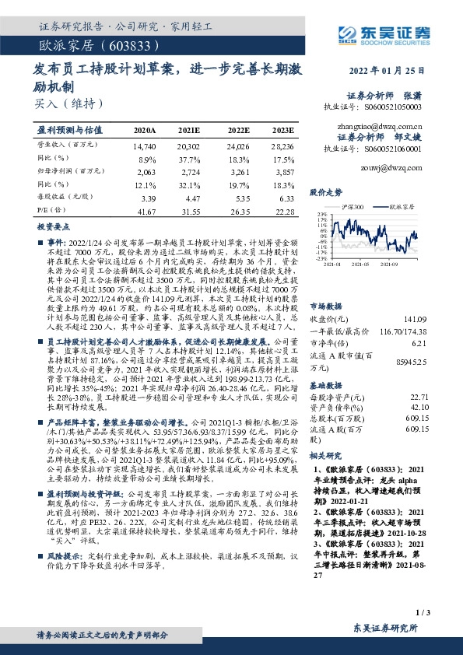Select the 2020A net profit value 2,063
click(146, 170)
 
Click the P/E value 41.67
click(146, 211)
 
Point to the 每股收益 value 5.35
click(239, 198)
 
